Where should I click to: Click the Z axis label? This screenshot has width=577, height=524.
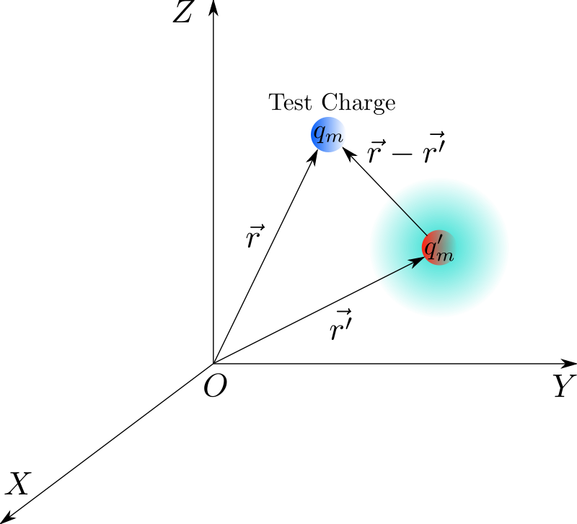point(182,12)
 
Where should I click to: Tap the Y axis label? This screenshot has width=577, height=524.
point(565,386)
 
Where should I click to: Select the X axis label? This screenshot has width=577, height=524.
point(17,483)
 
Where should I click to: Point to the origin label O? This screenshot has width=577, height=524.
point(215,386)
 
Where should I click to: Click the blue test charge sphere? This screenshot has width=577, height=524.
point(327,134)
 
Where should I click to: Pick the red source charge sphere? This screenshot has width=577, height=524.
point(439,248)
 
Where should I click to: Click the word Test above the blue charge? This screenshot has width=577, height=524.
point(290,102)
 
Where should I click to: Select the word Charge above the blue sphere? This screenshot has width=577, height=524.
point(358,102)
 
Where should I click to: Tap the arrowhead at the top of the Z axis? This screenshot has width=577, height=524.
point(213,6)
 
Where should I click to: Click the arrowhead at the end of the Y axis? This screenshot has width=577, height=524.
point(568,364)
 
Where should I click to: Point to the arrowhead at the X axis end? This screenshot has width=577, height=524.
point(6,517)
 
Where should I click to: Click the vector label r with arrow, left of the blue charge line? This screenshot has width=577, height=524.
point(255,236)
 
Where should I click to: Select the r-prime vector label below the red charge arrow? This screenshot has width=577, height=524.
point(341,325)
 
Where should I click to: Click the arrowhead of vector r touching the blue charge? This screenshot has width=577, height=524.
point(313,157)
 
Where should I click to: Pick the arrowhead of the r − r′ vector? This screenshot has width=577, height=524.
point(348,153)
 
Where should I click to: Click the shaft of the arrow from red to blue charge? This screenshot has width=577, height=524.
point(385,191)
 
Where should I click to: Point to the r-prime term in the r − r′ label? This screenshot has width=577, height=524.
point(434,148)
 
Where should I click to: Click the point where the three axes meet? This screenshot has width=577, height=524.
point(213,364)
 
